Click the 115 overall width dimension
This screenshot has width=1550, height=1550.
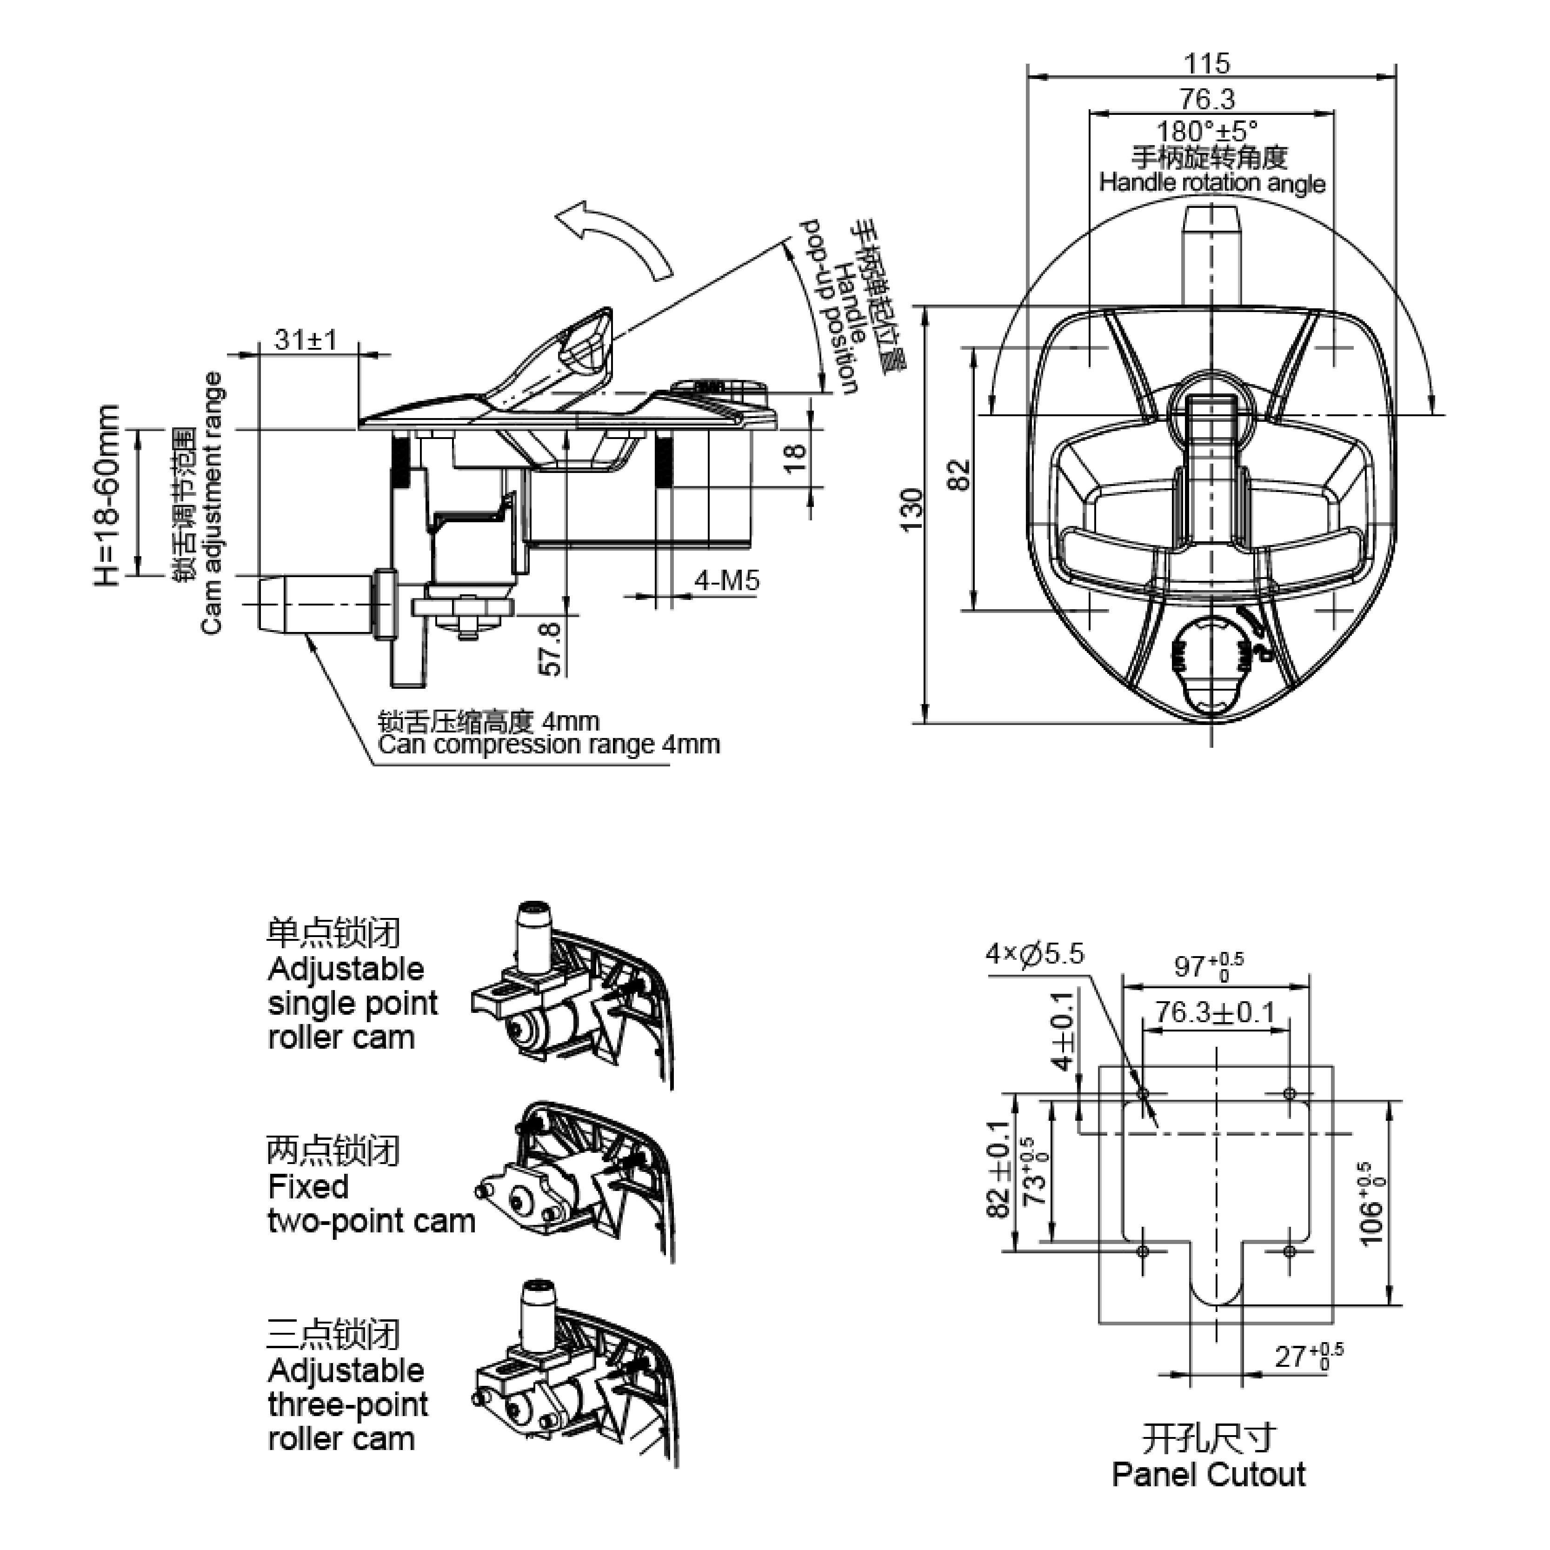pyautogui.click(x=1207, y=63)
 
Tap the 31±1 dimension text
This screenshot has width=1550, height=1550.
pyautogui.click(x=306, y=339)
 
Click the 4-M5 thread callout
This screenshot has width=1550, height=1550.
pyautogui.click(x=726, y=580)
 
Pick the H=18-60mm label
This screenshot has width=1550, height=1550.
pyautogui.click(x=106, y=495)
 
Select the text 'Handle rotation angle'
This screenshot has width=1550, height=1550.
pyautogui.click(x=1211, y=182)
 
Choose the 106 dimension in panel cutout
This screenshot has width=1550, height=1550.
pyautogui.click(x=1373, y=1204)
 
